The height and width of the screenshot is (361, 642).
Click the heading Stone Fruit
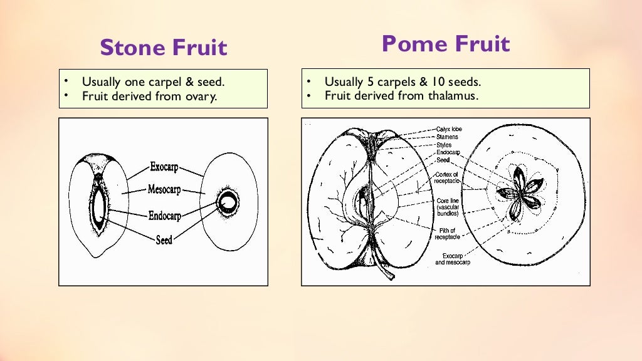(163, 48)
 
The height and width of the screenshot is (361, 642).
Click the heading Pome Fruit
(445, 44)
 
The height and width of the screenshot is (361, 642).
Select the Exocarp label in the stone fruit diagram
(164, 167)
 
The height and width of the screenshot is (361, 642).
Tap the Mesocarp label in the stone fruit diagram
(164, 189)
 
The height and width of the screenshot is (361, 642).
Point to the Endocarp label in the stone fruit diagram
(164, 216)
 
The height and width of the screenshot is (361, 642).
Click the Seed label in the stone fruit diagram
(164, 239)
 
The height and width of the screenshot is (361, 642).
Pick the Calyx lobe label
(449, 129)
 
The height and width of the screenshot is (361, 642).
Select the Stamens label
(447, 137)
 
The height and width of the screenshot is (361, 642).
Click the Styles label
(444, 145)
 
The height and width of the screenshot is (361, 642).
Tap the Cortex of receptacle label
(448, 177)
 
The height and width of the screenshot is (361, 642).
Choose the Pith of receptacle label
(448, 234)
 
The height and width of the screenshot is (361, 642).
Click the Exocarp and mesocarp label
(452, 259)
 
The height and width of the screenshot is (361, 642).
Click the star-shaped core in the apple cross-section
(518, 192)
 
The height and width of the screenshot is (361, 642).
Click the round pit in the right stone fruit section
(227, 202)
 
